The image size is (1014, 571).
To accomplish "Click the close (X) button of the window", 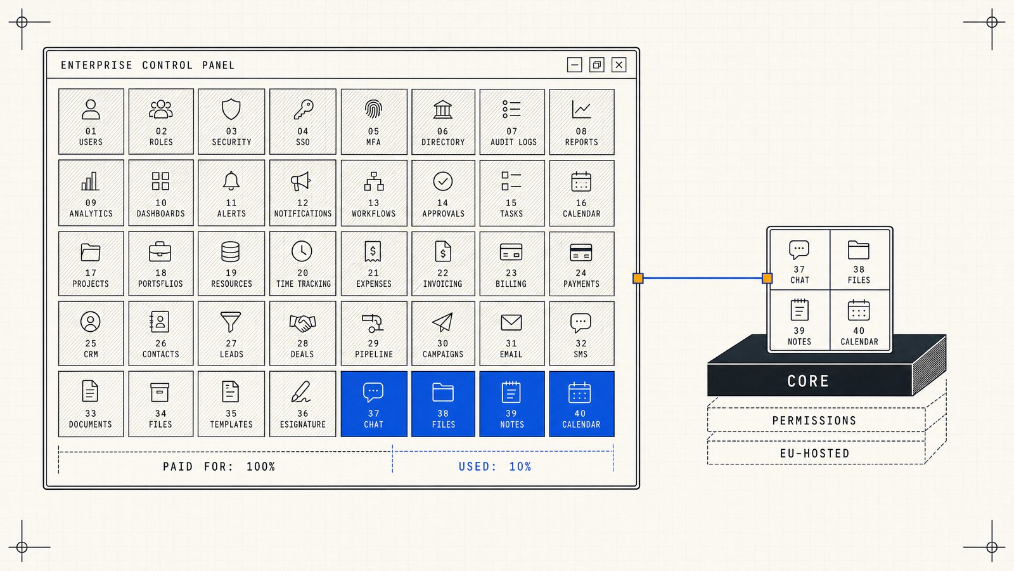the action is [619, 65].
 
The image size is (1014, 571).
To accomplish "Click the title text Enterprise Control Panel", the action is [148, 65].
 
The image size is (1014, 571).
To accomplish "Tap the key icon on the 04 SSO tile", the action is [303, 109].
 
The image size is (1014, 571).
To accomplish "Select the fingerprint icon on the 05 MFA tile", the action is [373, 109].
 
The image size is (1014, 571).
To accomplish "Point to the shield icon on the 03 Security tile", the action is [231, 109].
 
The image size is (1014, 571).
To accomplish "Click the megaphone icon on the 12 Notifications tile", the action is [300, 181].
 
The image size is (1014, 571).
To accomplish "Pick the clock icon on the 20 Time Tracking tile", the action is [302, 251].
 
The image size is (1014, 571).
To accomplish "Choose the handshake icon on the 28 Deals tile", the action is [302, 322].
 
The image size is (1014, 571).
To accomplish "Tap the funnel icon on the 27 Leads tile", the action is [231, 322].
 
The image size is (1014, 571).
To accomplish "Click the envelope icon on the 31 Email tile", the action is [511, 323].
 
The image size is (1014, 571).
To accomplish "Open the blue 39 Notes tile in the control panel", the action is [512, 404].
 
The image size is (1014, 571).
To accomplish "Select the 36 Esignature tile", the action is [303, 404].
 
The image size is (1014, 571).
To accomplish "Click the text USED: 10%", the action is [495, 466].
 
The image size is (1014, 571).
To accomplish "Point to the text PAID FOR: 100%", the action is [219, 466].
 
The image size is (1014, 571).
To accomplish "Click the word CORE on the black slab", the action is [808, 381].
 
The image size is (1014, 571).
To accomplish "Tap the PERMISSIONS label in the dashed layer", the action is [814, 421].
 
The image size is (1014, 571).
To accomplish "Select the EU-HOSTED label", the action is [815, 453].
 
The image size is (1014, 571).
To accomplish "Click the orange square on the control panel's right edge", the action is [638, 279].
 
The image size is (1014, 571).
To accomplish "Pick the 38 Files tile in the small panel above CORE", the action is [859, 259].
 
